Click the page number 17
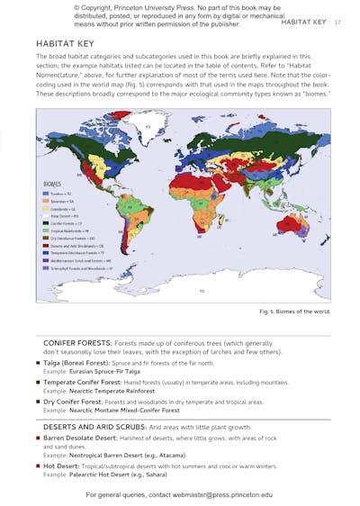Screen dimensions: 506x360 (337, 22)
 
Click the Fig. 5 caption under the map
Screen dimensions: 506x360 (294, 312)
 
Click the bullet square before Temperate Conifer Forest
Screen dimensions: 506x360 (38, 382)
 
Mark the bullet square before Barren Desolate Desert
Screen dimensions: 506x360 (38, 437)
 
